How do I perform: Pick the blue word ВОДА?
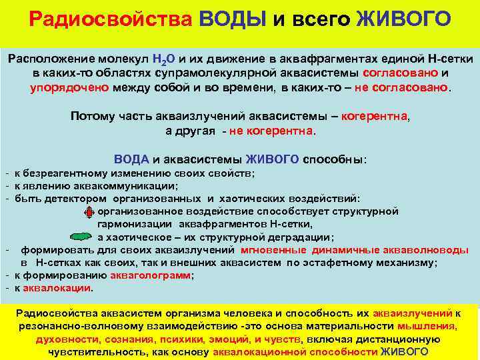tap(132, 160)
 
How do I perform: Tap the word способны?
tap(333, 160)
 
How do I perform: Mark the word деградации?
tap(299, 237)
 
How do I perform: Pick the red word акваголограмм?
tap(154, 275)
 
